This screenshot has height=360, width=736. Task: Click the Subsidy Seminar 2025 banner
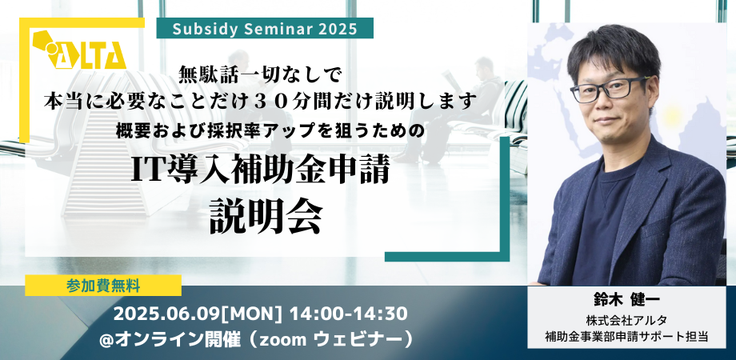pyautogui.click(x=264, y=28)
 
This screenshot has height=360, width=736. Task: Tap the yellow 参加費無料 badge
pyautogui.click(x=103, y=286)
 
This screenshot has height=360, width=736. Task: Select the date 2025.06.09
pyautogui.click(x=166, y=314)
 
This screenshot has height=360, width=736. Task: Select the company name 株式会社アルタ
pyautogui.click(x=626, y=321)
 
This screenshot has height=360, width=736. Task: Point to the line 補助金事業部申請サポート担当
pyautogui.click(x=626, y=336)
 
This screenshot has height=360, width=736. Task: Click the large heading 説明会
pyautogui.click(x=266, y=217)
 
